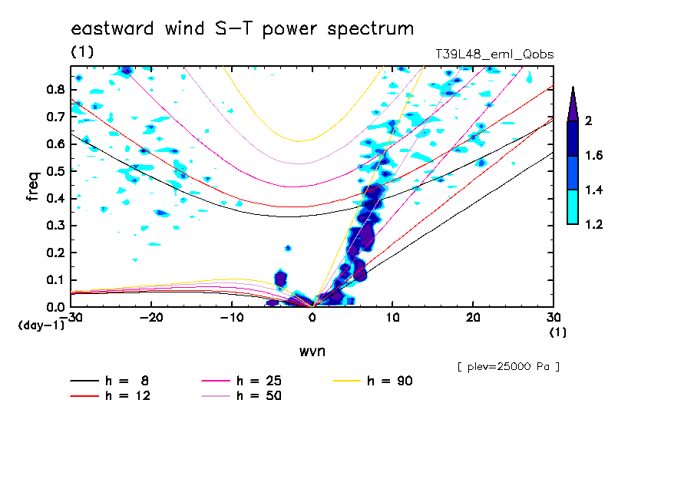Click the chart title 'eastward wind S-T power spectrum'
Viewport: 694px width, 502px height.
point(243,29)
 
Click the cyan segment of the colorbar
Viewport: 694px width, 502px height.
point(573,207)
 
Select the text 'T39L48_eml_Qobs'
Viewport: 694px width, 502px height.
point(494,54)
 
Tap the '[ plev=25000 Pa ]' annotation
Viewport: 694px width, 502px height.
point(507,367)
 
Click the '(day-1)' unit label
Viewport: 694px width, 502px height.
point(41,325)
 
